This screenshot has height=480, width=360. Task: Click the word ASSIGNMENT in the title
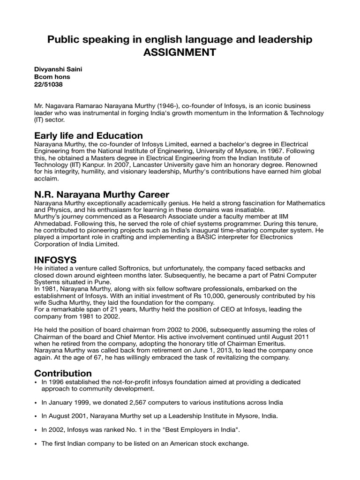point(180,52)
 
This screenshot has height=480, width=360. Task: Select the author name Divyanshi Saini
point(57,69)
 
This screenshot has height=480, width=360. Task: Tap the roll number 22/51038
point(49,85)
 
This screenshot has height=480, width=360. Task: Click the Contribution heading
point(63,373)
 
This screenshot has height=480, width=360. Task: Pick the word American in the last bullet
point(175,443)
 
